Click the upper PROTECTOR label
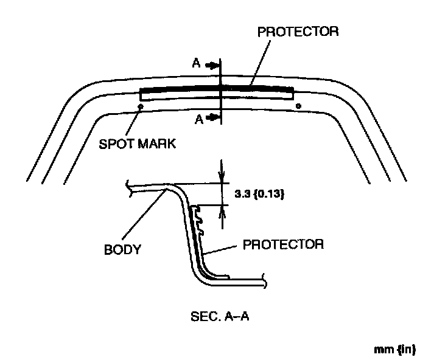click(x=298, y=31)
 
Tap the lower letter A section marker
click(x=198, y=119)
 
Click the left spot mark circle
click(x=141, y=106)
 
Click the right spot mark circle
click(x=298, y=106)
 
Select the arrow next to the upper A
click(x=211, y=64)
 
